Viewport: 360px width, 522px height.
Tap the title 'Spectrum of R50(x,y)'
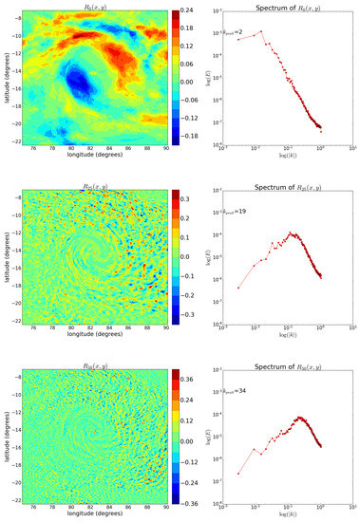pyautogui.click(x=288, y=358)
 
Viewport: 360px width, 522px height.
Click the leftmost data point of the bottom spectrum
pyautogui.click(x=238, y=475)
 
